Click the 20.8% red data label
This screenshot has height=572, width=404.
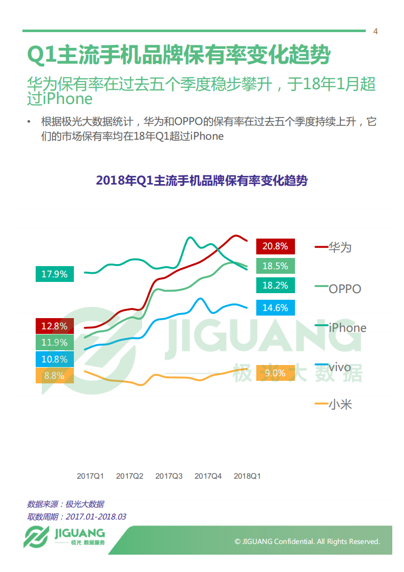click(275, 246)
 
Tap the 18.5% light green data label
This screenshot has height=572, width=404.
click(275, 266)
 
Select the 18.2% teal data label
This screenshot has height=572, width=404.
click(275, 285)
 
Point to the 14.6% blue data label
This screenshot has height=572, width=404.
click(275, 307)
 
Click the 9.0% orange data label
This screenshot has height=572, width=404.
click(275, 373)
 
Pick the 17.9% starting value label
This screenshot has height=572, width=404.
click(55, 274)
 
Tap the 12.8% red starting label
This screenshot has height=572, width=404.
click(55, 326)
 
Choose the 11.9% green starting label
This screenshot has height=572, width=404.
click(55, 343)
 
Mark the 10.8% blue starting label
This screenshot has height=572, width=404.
click(55, 359)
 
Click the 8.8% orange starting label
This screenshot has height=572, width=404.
click(55, 376)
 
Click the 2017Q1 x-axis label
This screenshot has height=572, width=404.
click(90, 476)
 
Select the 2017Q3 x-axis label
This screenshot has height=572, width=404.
click(169, 476)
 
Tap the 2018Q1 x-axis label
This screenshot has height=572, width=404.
click(247, 476)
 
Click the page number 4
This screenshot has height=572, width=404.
click(375, 32)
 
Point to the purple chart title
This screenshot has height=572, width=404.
click(202, 181)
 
